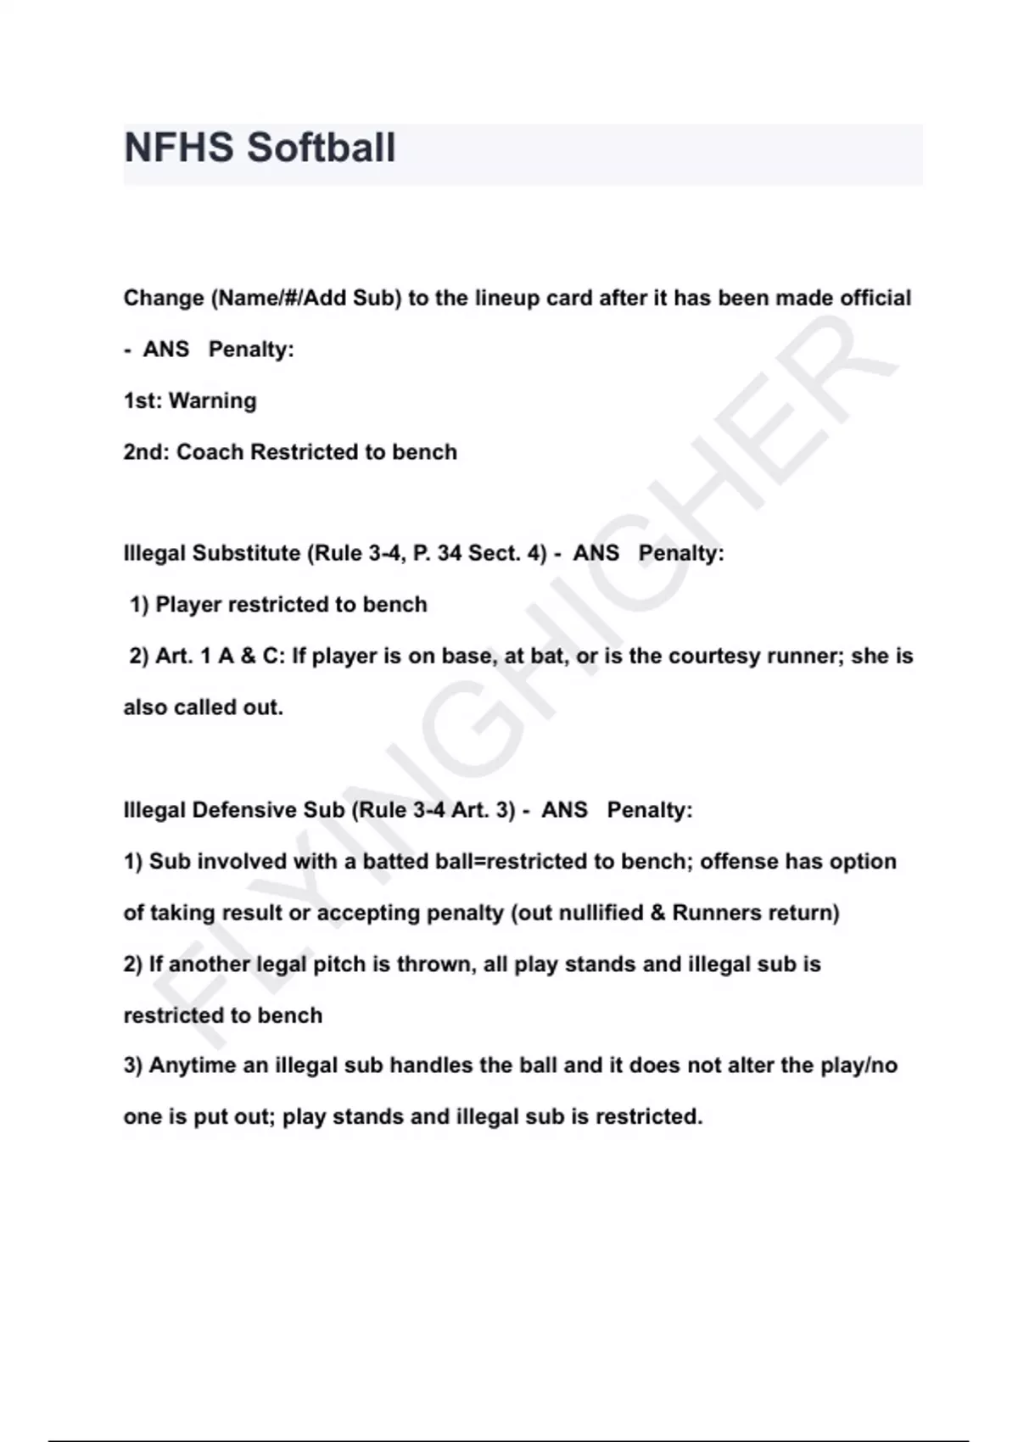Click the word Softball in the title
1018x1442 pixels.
click(322, 148)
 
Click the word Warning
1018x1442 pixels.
click(213, 400)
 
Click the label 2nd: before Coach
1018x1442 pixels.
click(146, 452)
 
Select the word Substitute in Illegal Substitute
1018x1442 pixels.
click(247, 553)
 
